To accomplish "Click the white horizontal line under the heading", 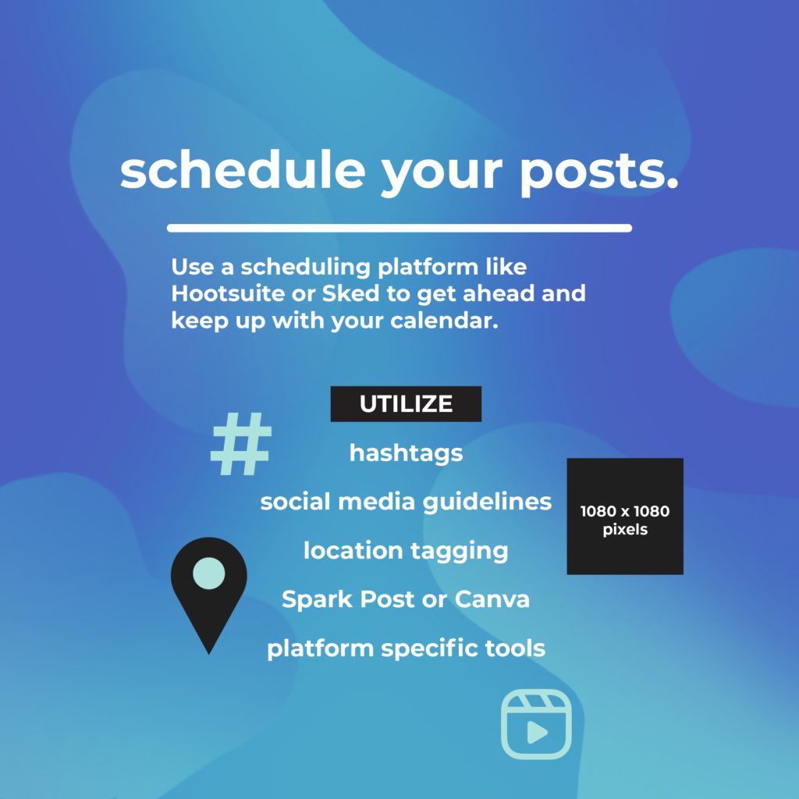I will click(x=399, y=228).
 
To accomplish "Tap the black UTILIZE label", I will click(x=406, y=403).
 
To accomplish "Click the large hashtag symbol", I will click(x=241, y=445).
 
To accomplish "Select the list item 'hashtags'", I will click(x=406, y=453).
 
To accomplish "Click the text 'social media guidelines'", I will click(x=406, y=501).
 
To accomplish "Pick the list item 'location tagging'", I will click(x=406, y=550).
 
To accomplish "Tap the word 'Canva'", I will click(x=492, y=599).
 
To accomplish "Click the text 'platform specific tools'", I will click(x=406, y=648).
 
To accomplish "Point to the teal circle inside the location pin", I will click(x=208, y=574).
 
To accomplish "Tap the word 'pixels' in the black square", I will click(x=625, y=530).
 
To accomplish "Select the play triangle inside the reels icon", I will click(x=536, y=732).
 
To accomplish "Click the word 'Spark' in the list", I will click(x=314, y=599).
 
